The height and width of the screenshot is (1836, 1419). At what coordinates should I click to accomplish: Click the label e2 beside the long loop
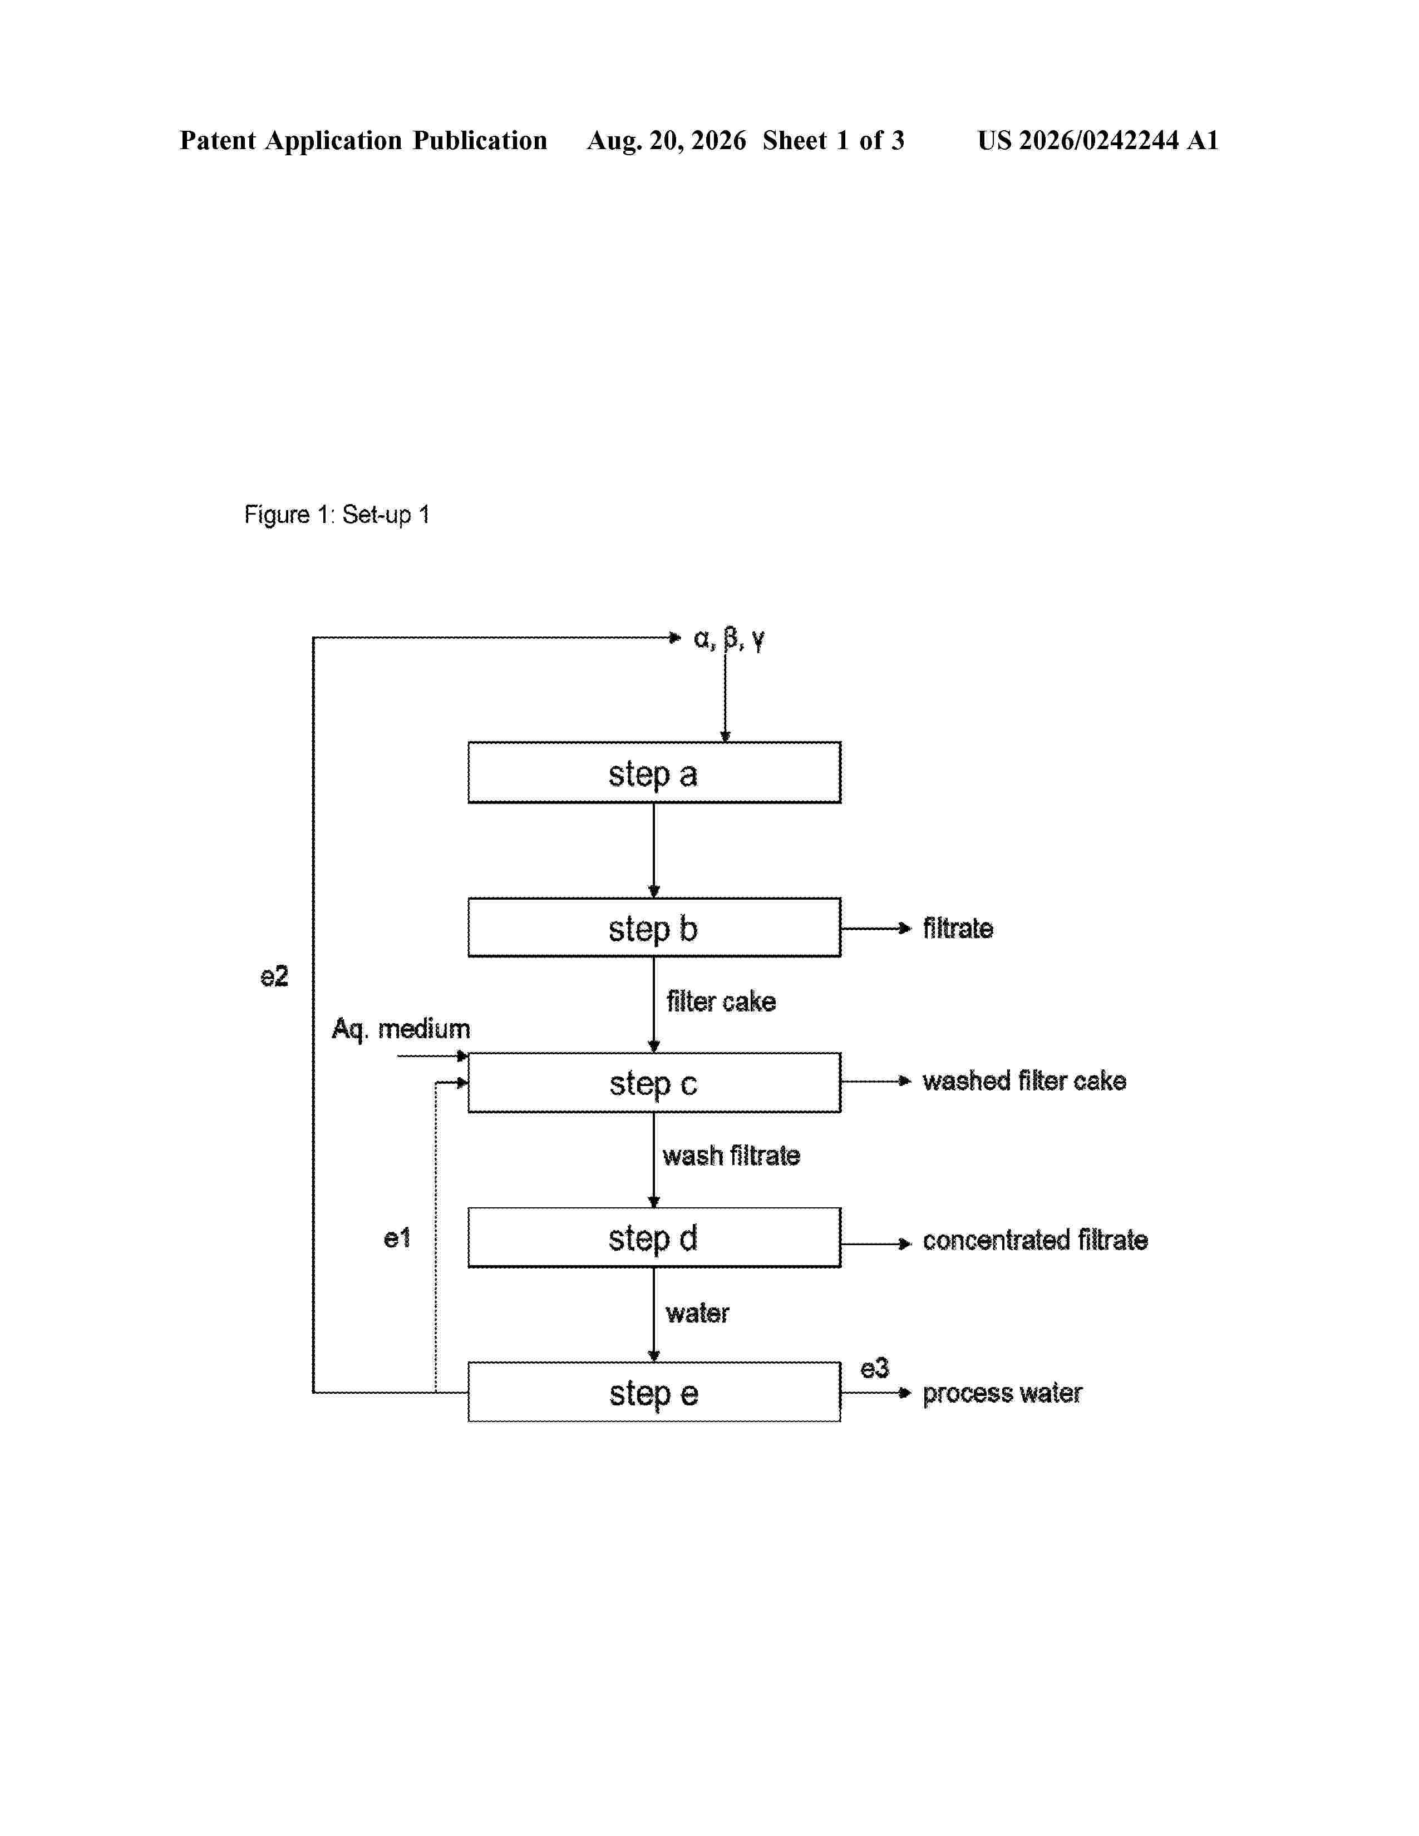(x=274, y=976)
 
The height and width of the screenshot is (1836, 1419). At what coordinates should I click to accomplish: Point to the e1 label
(x=397, y=1237)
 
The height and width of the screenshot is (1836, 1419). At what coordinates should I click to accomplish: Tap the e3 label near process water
(x=874, y=1369)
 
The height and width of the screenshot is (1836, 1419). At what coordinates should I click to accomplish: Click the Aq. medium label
(x=401, y=1029)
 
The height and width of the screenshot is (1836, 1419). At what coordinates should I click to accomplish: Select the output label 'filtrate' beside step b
(x=958, y=928)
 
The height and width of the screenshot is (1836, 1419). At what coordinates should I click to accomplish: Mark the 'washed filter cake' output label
(x=1024, y=1081)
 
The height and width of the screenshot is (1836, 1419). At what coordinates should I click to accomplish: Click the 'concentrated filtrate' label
(x=1035, y=1240)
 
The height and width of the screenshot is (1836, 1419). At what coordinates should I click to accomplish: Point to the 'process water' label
(x=1002, y=1394)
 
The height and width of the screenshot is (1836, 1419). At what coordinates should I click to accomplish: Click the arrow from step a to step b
(x=654, y=851)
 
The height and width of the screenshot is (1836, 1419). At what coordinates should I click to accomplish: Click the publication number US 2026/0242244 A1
(x=1098, y=140)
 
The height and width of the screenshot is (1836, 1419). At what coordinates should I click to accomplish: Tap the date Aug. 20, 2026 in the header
(x=667, y=140)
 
